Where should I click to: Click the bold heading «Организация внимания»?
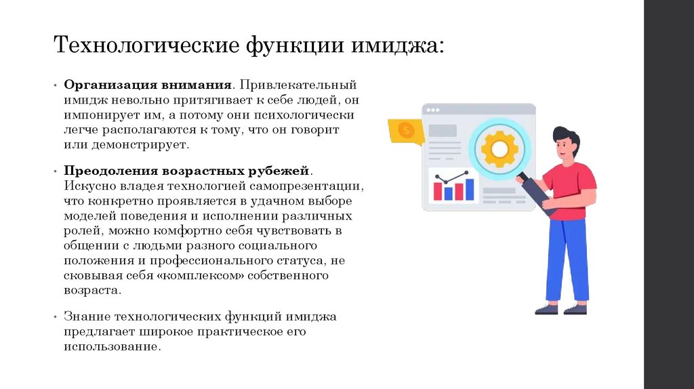click(148, 86)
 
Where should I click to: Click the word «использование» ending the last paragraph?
click(113, 346)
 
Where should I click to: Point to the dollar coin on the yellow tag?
click(407, 130)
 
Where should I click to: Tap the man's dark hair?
click(568, 136)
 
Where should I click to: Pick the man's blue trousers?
click(567, 258)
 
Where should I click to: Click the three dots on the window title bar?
click(432, 110)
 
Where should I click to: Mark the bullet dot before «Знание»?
click(56, 317)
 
